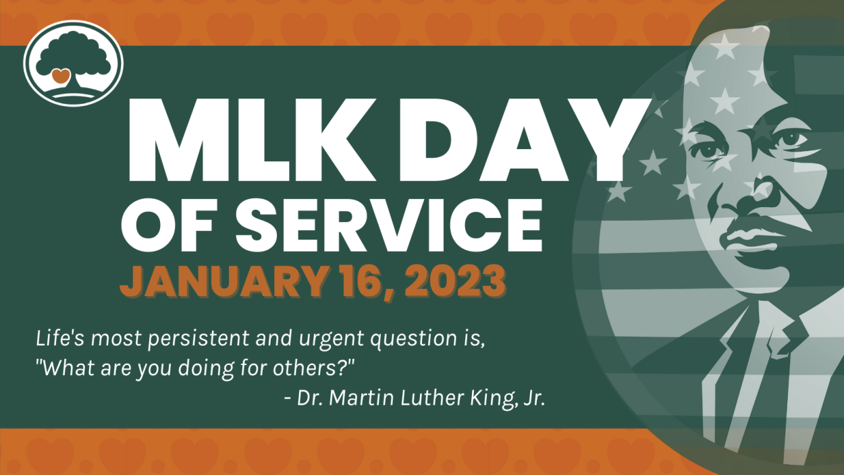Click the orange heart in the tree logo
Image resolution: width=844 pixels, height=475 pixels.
[x=61, y=76]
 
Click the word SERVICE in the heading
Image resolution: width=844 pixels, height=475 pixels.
[x=389, y=225]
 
